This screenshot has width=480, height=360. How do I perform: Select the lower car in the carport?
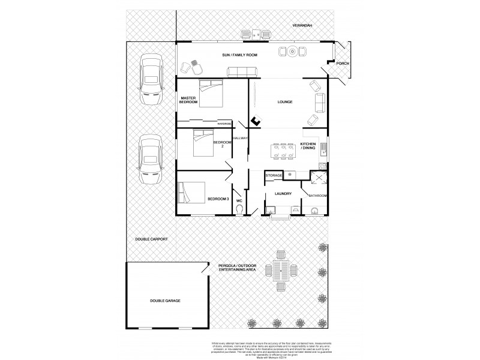point(149,160)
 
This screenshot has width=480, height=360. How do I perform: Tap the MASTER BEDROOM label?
point(188,100)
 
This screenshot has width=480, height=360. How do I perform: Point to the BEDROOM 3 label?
point(218,199)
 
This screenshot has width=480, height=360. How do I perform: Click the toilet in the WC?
point(240,209)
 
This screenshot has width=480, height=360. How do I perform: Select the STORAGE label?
point(274,175)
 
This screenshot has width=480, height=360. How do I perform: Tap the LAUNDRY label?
point(283,194)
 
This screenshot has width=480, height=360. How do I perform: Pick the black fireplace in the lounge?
point(256,121)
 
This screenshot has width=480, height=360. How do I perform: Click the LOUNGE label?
point(284,102)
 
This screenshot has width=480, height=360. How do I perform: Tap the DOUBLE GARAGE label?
point(165,301)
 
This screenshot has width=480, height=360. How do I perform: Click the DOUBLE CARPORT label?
point(151,239)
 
